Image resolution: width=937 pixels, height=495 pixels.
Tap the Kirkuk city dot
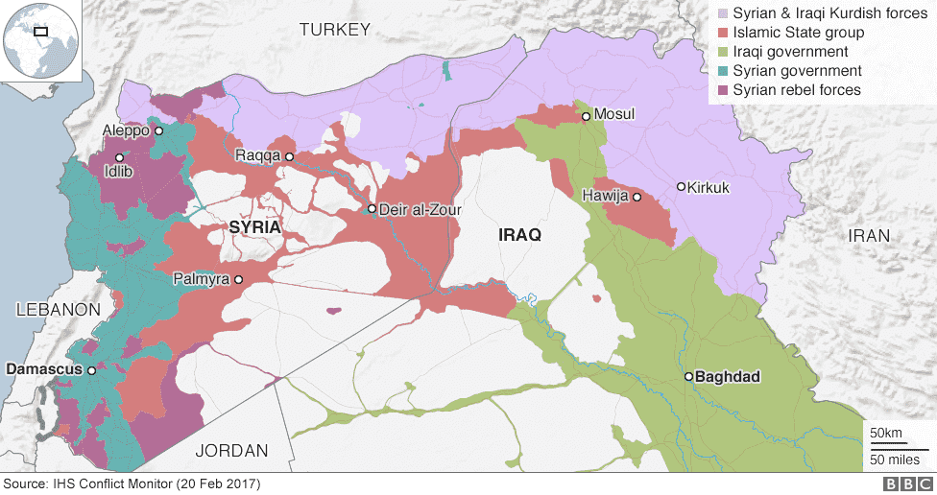pos(681,186)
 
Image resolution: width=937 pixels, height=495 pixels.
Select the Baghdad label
pos(729,377)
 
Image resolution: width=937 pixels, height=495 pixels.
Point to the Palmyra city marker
pos(238,280)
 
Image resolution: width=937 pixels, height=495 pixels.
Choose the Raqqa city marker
pos(288,155)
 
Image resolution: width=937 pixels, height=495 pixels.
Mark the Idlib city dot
pos(120,157)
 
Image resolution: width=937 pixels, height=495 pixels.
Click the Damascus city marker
pos(91,369)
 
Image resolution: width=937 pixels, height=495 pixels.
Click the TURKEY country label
pos(334,31)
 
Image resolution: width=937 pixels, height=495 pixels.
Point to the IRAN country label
pos(868,235)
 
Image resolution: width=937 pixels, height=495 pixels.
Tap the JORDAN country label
pos(231,450)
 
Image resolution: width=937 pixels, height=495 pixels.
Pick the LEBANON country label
pos(59,309)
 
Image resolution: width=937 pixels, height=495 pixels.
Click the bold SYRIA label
pos(255,227)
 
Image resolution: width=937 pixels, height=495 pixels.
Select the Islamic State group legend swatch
pos(721,33)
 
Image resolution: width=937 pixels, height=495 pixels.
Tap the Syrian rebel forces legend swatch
pos(721,90)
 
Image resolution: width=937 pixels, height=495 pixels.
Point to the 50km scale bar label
pos(885,434)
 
